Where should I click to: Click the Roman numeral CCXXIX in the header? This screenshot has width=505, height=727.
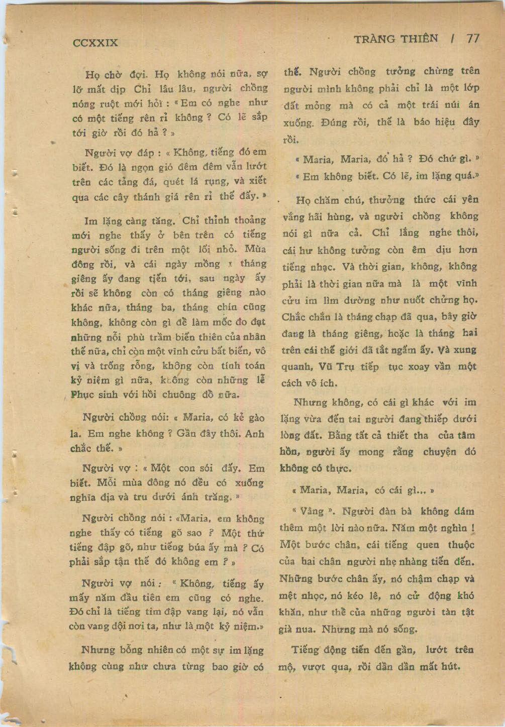95,42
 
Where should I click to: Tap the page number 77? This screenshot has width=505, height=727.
473,39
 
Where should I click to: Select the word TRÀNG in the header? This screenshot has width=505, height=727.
375,39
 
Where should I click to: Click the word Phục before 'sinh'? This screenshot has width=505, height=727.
84,394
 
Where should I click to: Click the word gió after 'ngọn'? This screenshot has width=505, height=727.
166,166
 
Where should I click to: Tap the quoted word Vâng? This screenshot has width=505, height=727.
312,512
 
